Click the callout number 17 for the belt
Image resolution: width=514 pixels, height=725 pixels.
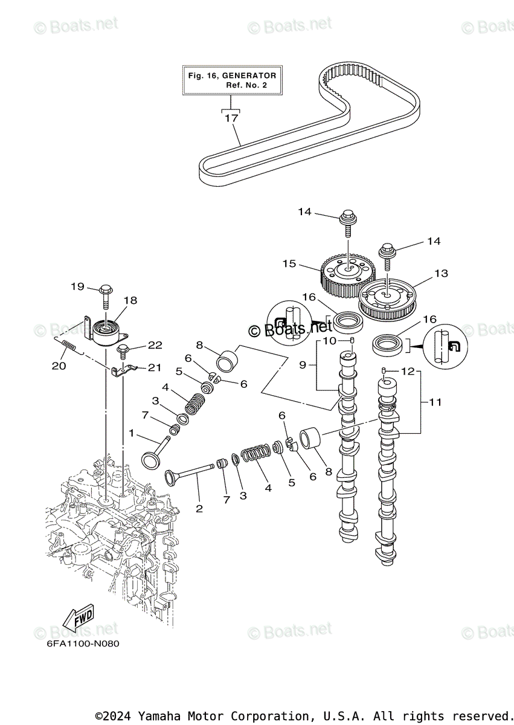tap(231, 118)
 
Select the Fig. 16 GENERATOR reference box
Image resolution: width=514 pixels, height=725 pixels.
tap(231, 80)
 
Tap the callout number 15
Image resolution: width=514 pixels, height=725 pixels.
tap(289, 264)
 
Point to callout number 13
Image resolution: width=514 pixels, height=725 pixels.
tap(441, 274)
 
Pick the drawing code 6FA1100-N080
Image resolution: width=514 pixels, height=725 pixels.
tap(83, 643)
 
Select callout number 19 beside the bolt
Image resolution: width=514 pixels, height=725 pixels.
tap(77, 286)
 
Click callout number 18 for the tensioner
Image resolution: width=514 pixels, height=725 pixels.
tap(131, 300)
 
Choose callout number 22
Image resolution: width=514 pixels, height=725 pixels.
tap(155, 345)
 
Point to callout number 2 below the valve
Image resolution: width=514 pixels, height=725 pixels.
tap(199, 509)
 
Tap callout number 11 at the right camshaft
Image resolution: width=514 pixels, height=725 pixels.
tap(435, 401)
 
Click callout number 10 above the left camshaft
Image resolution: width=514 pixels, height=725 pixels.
tap(329, 341)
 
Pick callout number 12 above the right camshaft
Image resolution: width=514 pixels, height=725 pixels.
tap(408, 372)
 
